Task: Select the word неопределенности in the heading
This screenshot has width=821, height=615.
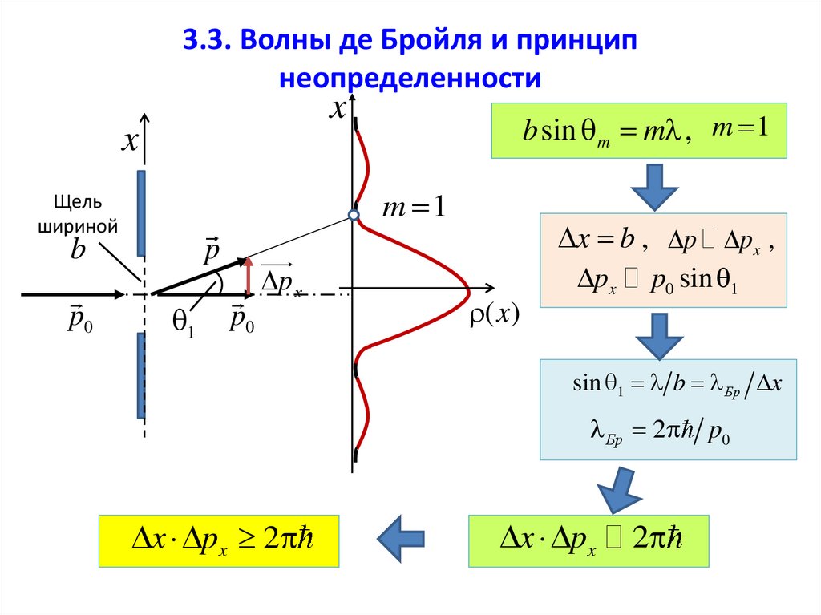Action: (410, 79)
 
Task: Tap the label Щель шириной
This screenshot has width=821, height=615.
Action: (78, 214)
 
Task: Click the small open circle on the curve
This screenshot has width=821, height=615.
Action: (353, 215)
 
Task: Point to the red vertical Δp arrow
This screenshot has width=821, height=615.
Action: (249, 275)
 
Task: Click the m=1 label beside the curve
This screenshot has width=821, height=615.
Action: (413, 208)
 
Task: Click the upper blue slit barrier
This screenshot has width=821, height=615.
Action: (142, 212)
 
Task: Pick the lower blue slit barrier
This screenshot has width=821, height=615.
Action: (142, 374)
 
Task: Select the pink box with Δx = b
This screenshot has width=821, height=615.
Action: (662, 260)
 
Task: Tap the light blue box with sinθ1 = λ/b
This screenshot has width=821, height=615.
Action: (668, 409)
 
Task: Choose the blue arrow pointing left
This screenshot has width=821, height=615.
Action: (401, 539)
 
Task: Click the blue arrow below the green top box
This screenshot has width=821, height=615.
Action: (655, 186)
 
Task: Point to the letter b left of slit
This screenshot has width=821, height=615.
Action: (78, 251)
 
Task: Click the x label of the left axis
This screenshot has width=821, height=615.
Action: (129, 142)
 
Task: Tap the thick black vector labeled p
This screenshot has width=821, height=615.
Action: (199, 276)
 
